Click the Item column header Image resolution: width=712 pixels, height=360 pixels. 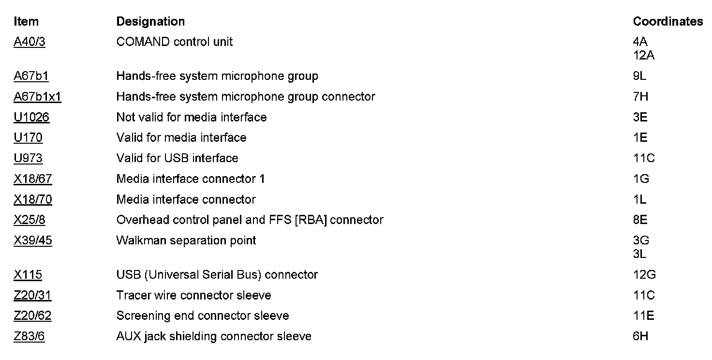coord(26,22)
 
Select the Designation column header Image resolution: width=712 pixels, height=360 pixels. coord(150,22)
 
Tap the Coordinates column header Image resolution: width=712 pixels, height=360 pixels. coord(667,22)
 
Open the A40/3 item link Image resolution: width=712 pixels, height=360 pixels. coord(30,42)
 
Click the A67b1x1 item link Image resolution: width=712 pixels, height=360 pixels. coord(37,97)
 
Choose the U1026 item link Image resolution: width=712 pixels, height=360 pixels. coord(31,118)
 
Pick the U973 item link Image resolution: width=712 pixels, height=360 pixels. coord(28,158)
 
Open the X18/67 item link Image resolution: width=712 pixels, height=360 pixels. coord(33,179)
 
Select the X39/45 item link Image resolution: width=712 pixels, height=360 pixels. coord(33,240)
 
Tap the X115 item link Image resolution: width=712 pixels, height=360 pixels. coord(28,275)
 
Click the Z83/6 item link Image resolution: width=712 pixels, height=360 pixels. coord(29,336)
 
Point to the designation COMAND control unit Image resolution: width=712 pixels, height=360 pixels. coord(174,42)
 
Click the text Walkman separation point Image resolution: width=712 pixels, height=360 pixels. coord(186,240)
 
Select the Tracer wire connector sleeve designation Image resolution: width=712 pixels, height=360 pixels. coord(193,295)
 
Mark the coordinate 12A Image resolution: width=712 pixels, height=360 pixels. coord(643,56)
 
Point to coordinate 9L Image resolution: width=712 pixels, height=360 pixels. coord(639,76)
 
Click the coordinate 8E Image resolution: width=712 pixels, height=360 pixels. coord(640,220)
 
